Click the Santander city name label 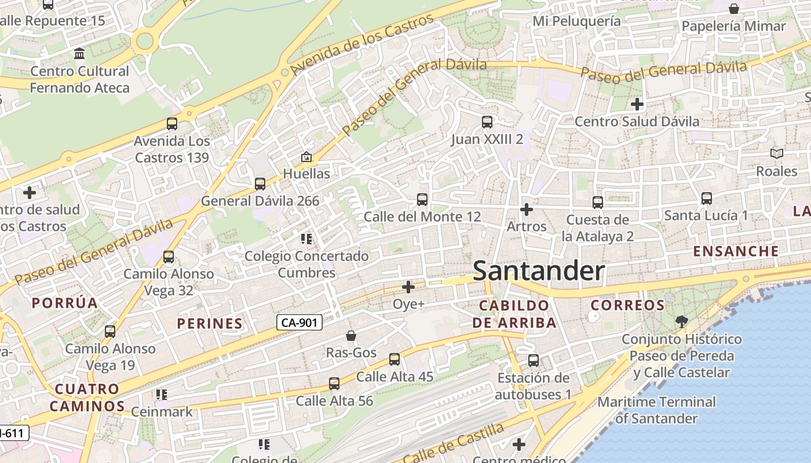(539, 271)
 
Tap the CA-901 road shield (299, 322)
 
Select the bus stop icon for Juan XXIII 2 (487, 122)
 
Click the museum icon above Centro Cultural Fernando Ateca (79, 54)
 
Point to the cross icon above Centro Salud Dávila (637, 104)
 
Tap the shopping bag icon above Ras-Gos (351, 336)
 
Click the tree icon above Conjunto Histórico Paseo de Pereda (681, 322)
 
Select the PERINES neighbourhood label (210, 324)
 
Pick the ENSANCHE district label (736, 251)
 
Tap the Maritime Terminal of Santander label (656, 410)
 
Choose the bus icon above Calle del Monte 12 (422, 200)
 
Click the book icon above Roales (776, 154)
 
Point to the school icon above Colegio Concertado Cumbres (306, 238)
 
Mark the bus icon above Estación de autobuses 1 (534, 361)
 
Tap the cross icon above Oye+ (408, 286)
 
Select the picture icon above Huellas (306, 157)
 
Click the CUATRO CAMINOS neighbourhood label (87, 397)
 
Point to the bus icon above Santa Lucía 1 (706, 199)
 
